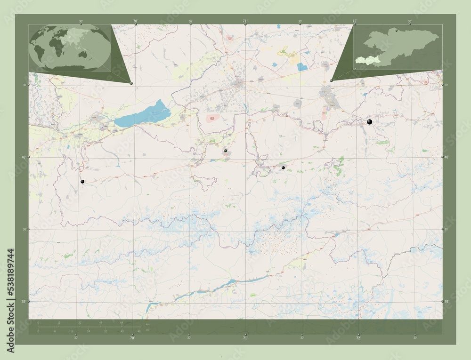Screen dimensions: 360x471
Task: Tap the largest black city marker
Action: click(x=370, y=122)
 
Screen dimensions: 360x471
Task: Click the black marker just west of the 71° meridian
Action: click(x=226, y=151)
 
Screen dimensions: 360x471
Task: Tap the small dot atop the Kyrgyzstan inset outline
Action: click(x=397, y=31)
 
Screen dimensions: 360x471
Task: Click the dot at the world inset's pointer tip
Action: click(x=131, y=83)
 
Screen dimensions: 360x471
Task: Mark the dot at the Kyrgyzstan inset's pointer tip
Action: click(x=332, y=80)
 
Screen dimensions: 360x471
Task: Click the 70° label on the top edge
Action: click(x=136, y=21)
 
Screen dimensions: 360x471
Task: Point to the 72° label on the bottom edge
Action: click(x=358, y=337)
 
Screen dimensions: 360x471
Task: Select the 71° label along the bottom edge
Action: click(x=245, y=337)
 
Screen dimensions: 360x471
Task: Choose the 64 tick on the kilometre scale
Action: click(x=122, y=323)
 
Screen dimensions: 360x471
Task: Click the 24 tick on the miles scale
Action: click(x=88, y=331)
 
